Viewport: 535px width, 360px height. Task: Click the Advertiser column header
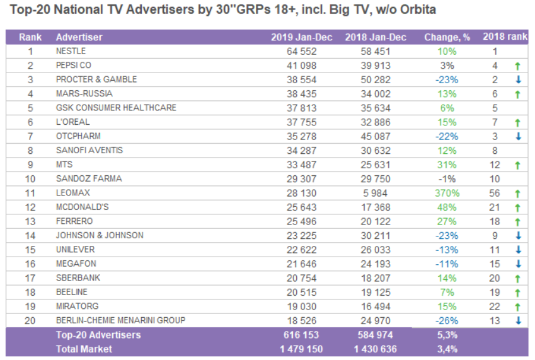79,37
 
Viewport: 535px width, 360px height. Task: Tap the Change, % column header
447,37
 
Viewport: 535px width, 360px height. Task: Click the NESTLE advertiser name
71,51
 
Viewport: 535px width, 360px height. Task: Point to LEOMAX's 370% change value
447,193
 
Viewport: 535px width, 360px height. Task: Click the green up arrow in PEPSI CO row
517,66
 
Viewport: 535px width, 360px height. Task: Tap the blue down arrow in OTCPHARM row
517,136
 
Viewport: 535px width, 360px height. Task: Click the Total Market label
84,349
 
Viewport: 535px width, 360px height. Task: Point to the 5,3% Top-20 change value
447,335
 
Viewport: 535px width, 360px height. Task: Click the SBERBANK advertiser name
78,278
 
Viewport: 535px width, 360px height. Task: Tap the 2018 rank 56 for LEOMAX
495,193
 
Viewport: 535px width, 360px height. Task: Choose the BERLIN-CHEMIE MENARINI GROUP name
120,320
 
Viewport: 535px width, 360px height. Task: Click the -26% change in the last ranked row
447,320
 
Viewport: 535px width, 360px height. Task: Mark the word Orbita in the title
418,10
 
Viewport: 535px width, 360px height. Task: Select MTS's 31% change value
447,165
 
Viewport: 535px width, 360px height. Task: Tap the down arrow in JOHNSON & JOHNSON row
517,235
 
